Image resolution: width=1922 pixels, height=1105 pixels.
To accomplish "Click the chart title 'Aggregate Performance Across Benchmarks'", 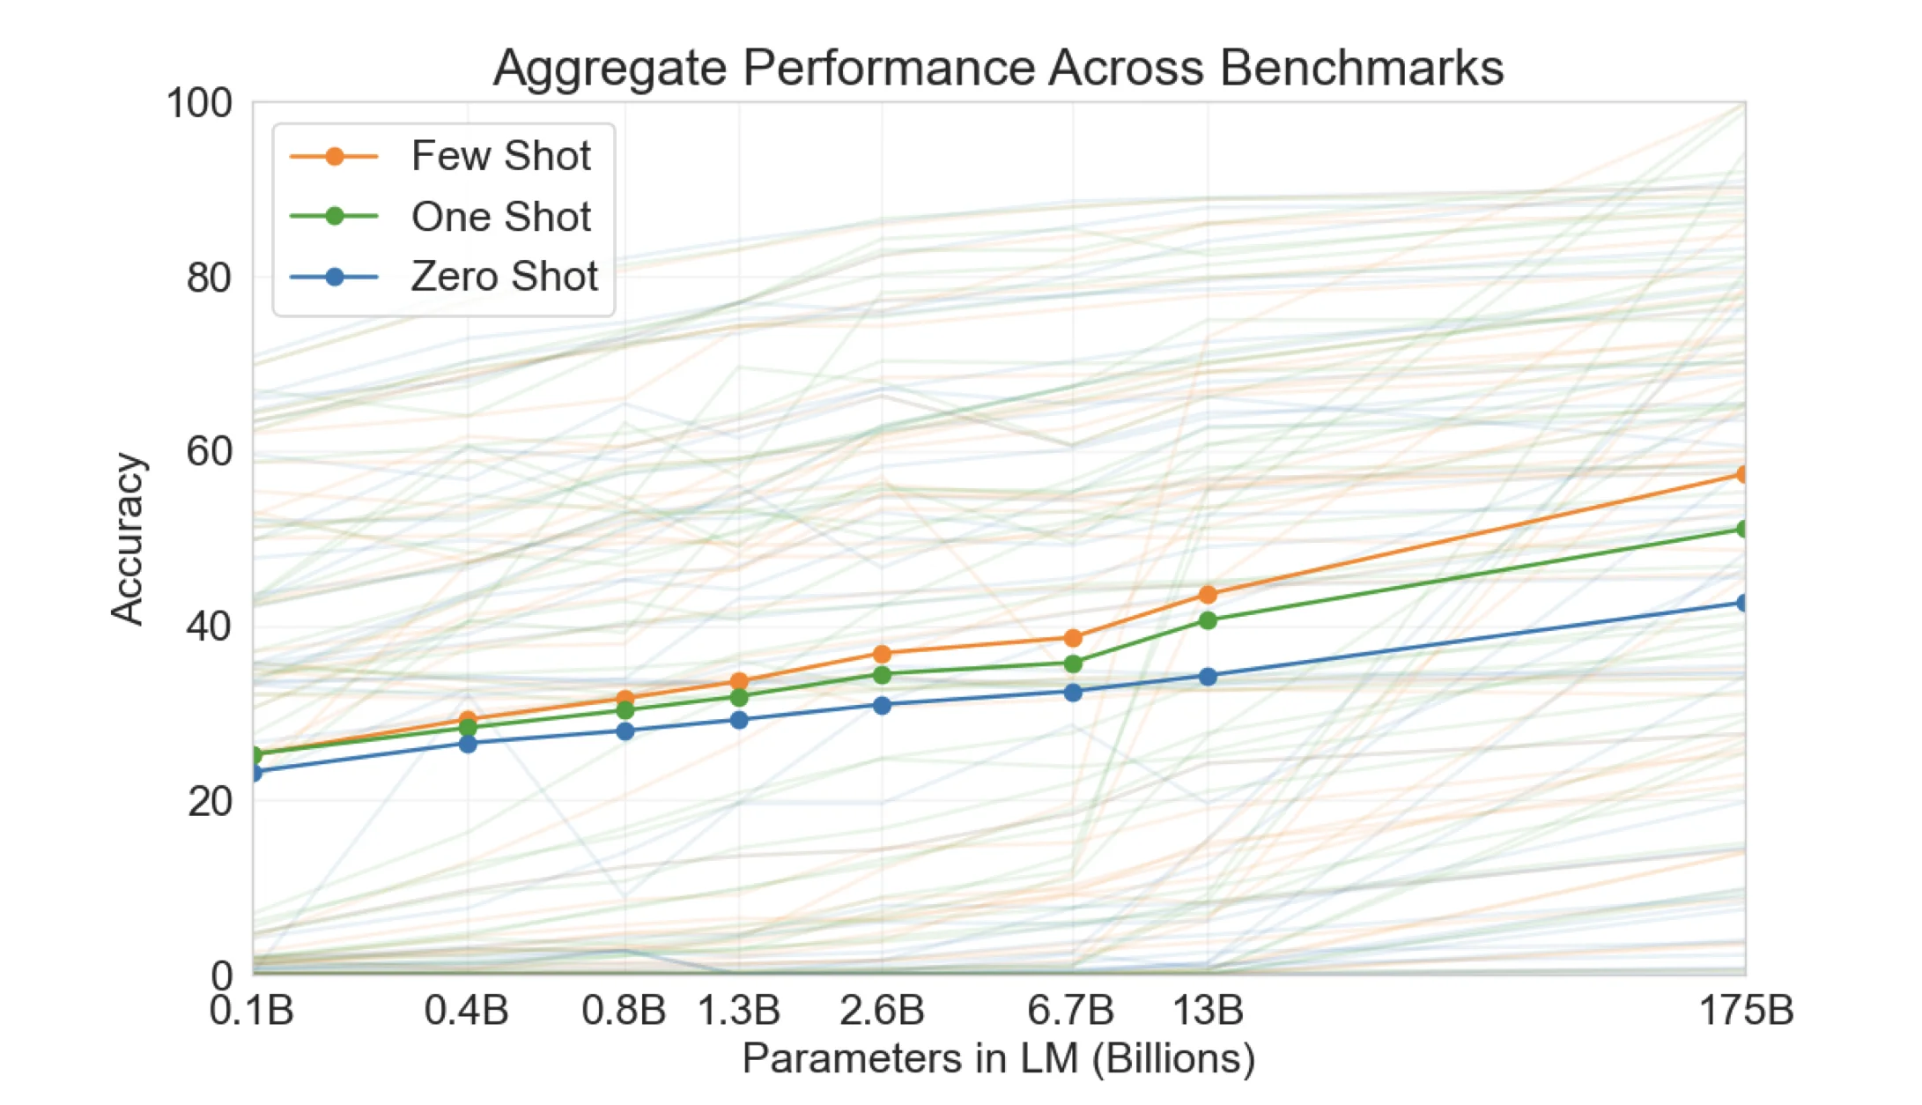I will click(998, 67).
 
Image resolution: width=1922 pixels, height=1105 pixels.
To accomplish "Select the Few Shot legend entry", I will click(499, 156).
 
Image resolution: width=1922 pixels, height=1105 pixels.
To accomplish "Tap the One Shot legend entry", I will click(499, 217).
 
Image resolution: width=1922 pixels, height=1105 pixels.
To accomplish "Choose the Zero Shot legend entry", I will click(503, 277).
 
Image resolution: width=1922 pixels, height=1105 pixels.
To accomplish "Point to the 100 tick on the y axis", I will click(200, 103).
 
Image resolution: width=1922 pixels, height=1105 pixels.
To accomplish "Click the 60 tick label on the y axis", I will click(210, 451).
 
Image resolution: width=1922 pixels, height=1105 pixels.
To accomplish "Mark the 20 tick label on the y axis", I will click(210, 801).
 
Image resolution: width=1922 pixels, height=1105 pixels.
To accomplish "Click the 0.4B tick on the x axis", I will click(467, 1010).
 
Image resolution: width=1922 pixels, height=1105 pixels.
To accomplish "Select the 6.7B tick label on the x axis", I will click(1071, 1010).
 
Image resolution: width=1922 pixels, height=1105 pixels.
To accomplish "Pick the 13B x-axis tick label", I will click(1208, 1010).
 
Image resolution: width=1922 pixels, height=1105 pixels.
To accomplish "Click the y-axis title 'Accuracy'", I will click(127, 538).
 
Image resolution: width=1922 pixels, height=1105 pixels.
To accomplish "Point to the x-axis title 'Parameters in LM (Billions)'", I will click(998, 1058).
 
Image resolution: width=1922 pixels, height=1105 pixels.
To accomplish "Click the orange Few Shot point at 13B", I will click(1208, 595).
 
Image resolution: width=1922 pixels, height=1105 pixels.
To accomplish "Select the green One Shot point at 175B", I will click(1742, 529).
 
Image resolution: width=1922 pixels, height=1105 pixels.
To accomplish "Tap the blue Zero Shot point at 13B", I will click(1208, 677).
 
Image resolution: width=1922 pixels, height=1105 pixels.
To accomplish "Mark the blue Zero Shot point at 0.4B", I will click(468, 744).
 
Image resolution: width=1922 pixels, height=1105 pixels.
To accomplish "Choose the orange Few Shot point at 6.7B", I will click(1073, 638).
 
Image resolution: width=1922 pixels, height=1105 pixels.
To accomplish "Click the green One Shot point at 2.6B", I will click(882, 675).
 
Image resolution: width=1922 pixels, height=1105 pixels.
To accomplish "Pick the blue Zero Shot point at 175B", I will click(1742, 603).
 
